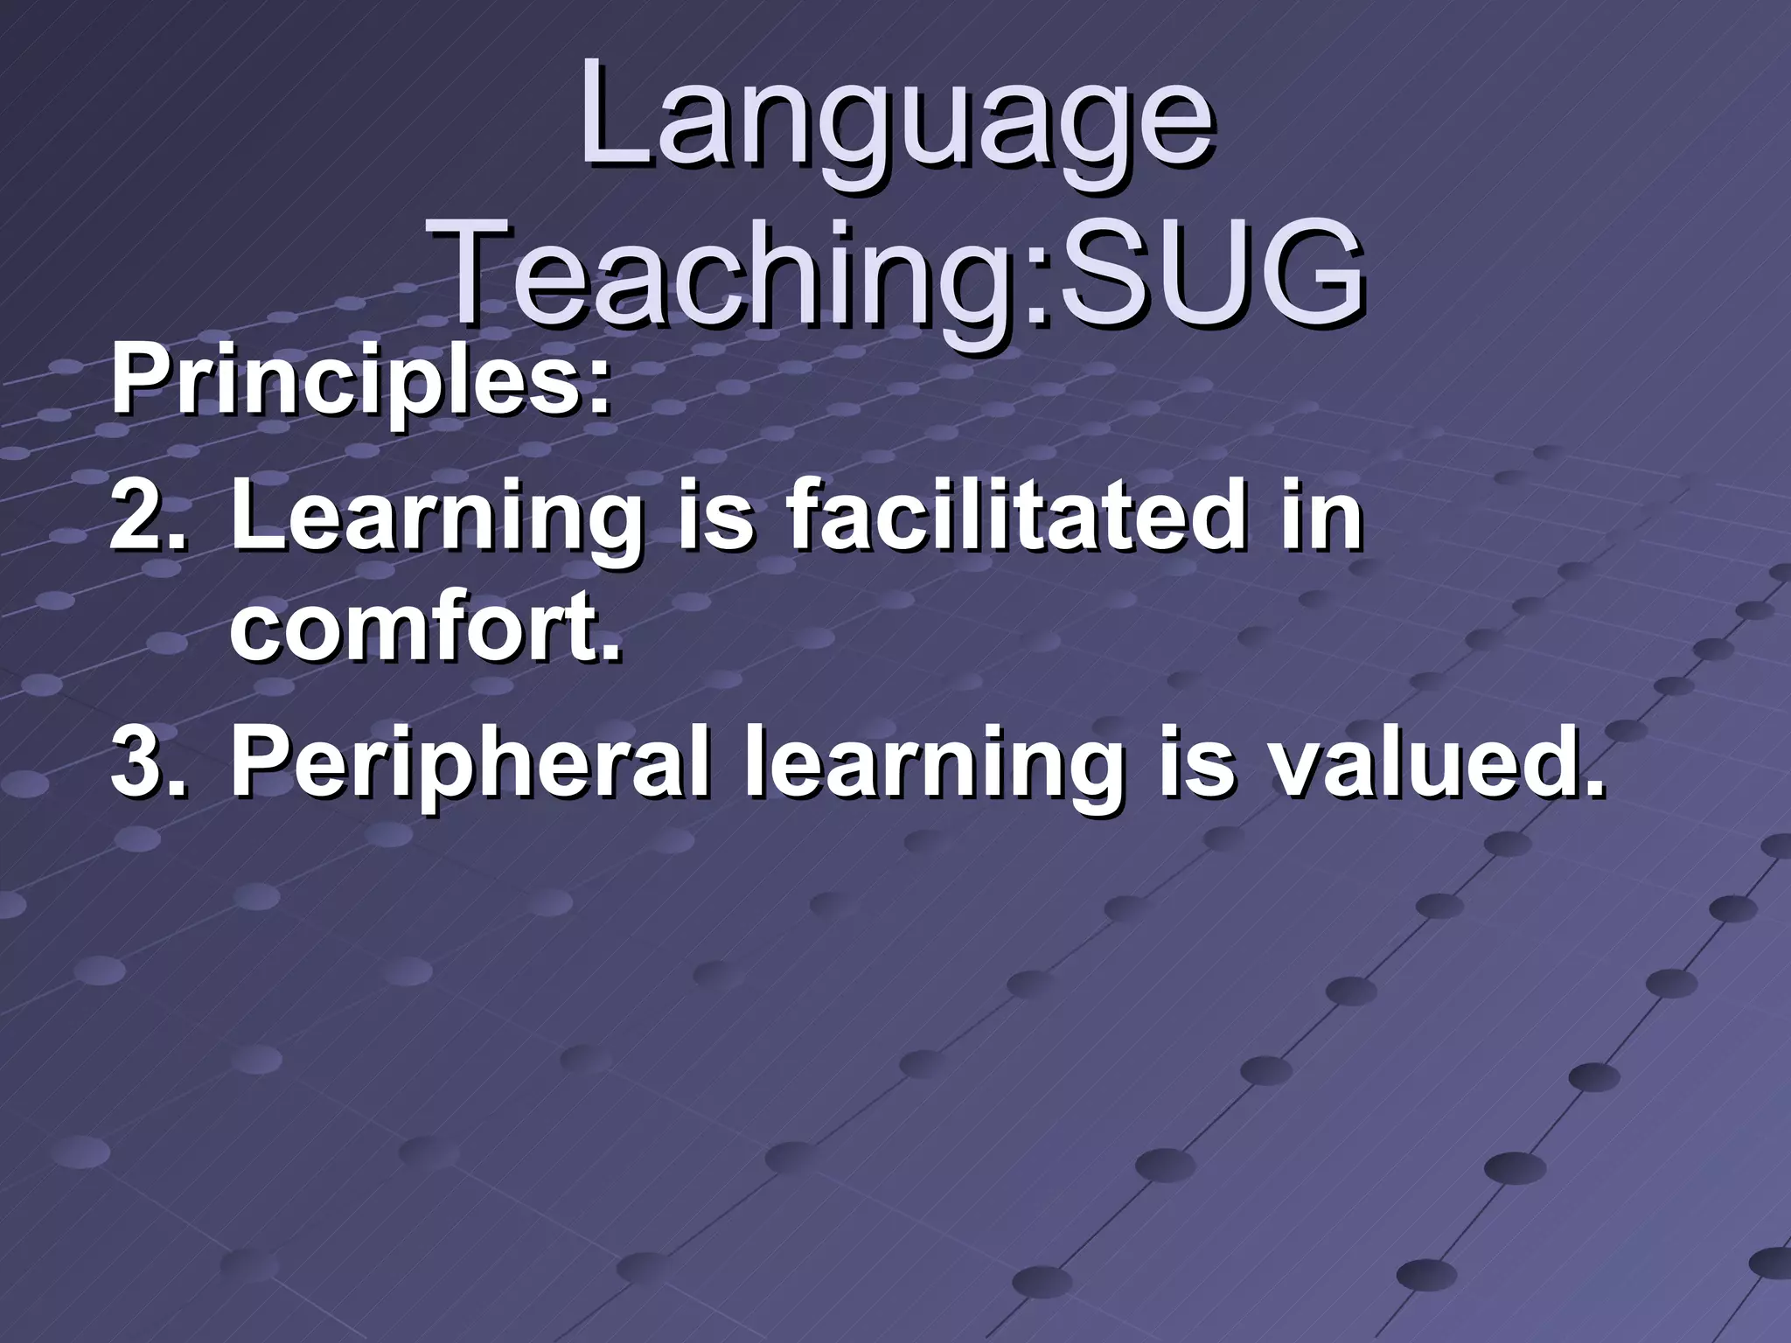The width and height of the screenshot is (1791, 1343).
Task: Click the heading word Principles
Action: point(346,385)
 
